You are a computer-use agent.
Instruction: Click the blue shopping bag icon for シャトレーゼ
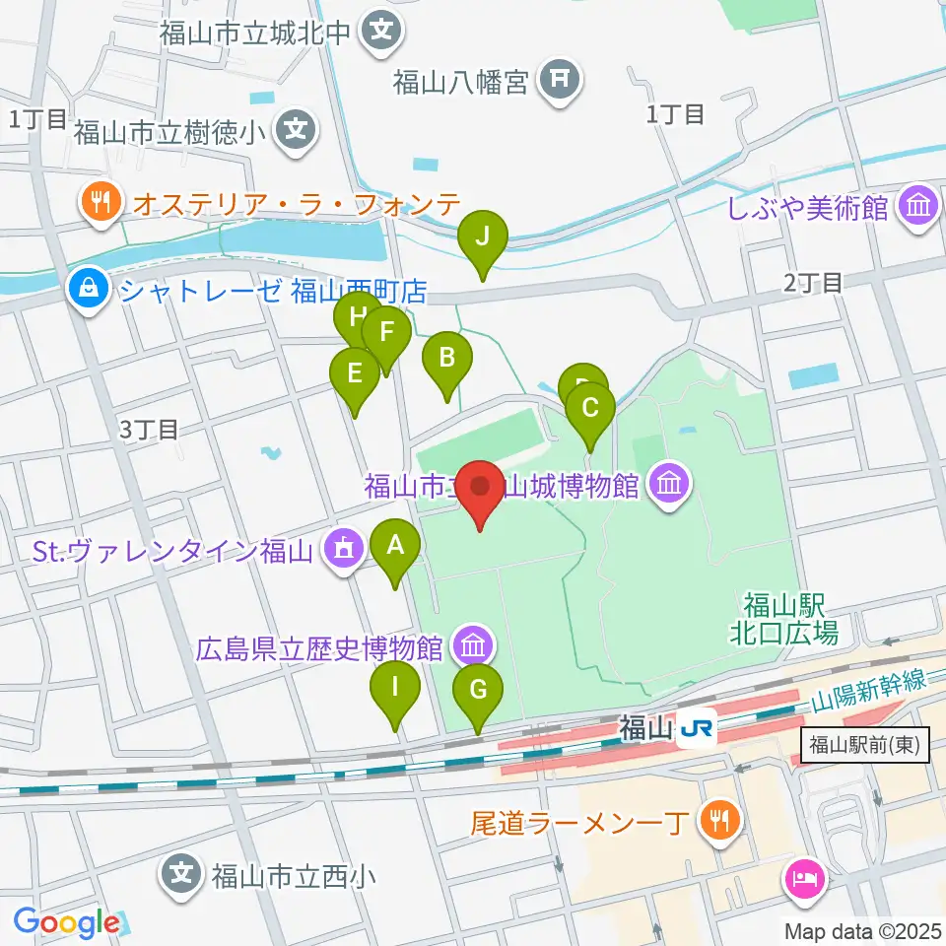point(89,291)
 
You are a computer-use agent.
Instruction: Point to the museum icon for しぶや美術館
point(920,208)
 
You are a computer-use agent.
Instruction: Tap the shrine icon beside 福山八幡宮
point(563,81)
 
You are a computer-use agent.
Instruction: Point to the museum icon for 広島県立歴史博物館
point(471,647)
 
